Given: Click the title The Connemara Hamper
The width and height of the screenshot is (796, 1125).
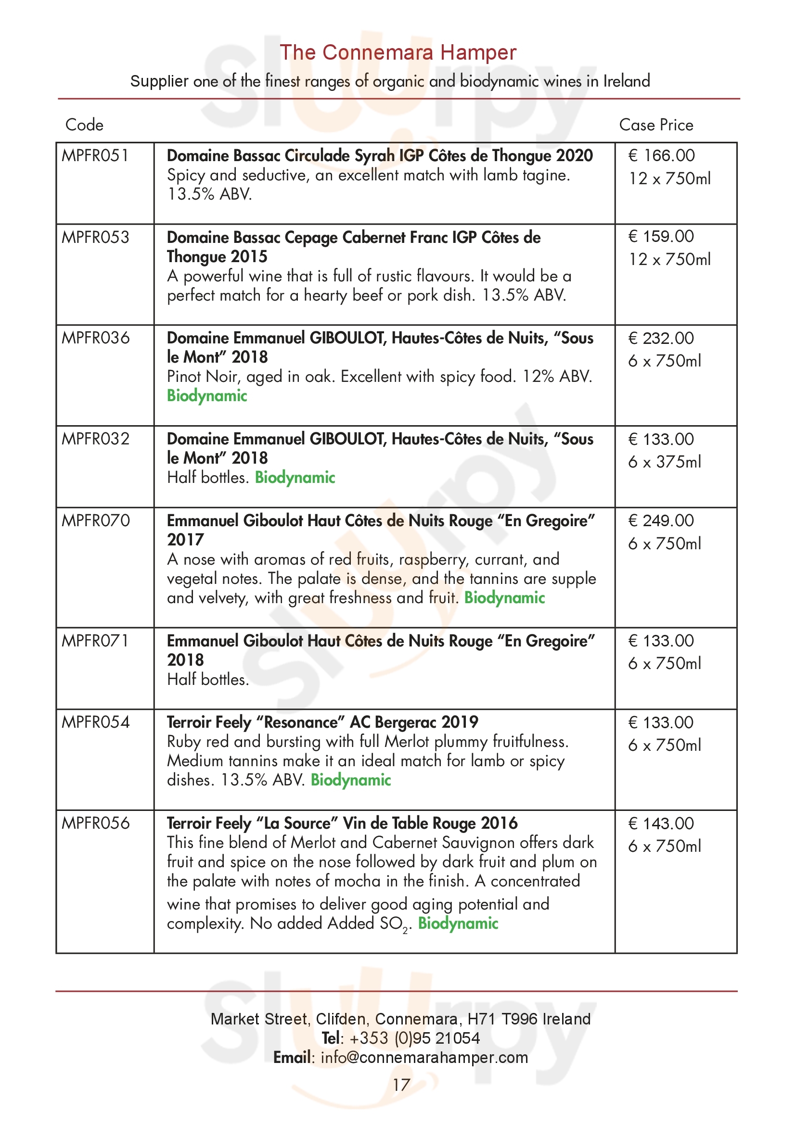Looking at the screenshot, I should click(398, 52).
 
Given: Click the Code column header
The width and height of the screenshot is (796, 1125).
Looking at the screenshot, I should click(84, 125).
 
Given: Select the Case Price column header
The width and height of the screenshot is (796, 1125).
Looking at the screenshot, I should click(656, 125).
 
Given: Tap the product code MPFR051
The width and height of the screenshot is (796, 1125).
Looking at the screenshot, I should click(95, 156).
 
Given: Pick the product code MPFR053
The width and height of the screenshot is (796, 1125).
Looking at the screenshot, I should click(95, 237).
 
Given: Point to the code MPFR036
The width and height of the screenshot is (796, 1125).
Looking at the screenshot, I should click(96, 338).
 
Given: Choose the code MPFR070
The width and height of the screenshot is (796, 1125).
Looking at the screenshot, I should click(96, 520).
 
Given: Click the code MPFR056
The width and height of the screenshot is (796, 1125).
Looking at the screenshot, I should click(96, 823).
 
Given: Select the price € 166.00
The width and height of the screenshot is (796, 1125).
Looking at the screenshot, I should click(661, 156).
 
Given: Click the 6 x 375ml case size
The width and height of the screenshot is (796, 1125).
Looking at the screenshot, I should click(664, 462).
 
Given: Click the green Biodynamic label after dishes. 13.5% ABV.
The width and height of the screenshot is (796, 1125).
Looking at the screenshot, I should click(350, 780).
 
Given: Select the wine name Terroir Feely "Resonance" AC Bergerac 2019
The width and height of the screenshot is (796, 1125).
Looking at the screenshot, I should click(322, 722).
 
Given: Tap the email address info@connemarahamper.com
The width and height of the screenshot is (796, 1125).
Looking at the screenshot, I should click(424, 1057).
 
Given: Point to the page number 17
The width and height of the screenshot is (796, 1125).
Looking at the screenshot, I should click(401, 1085).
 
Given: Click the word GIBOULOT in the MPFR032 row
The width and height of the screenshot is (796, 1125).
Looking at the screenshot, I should click(347, 439).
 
